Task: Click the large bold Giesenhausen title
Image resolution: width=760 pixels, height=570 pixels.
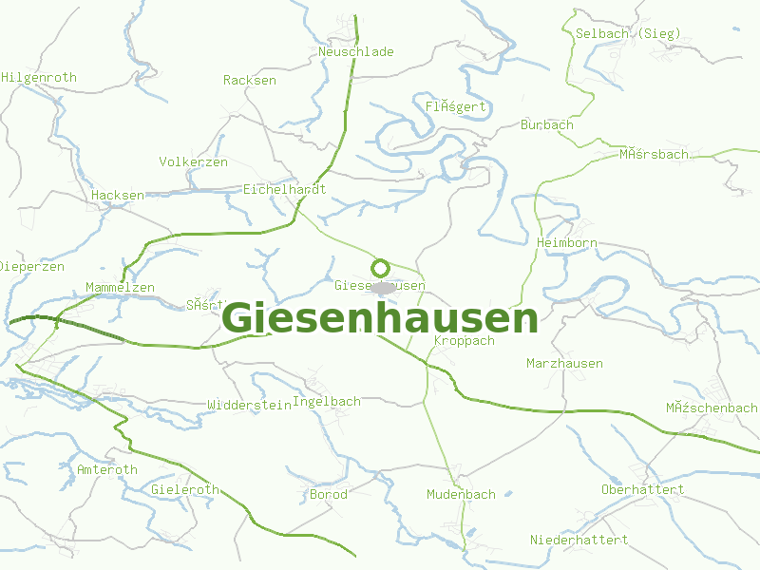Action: [x=380, y=319]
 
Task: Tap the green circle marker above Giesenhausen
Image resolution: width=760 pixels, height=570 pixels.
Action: [x=380, y=268]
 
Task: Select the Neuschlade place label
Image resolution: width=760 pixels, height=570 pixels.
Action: [x=356, y=52]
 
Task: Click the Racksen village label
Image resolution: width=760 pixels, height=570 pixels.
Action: [x=250, y=81]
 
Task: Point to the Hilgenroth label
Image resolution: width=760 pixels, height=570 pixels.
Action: [x=39, y=78]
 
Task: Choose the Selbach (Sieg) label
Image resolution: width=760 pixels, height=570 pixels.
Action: [x=628, y=33]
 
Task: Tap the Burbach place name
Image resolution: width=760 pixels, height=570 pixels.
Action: [x=547, y=124]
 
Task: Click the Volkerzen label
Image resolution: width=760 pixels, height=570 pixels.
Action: [x=194, y=162]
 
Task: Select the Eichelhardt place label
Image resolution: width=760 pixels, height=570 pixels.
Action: [x=285, y=189]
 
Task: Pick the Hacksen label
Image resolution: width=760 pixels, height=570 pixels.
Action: [x=118, y=196]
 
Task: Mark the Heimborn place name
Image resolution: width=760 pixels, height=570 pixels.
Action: [x=566, y=243]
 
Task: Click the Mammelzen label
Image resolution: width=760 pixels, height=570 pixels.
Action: [x=120, y=288]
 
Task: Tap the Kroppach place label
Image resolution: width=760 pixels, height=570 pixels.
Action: [x=465, y=341]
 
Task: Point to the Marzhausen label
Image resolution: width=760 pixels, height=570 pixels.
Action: [x=564, y=364]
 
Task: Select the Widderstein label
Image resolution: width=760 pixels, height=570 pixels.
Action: [x=249, y=405]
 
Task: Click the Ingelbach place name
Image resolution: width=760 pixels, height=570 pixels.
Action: [x=327, y=402]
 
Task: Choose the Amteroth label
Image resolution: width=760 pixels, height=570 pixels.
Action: [x=107, y=470]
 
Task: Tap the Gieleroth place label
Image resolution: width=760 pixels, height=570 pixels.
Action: [x=185, y=490]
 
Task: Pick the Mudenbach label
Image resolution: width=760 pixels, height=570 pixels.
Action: [x=461, y=495]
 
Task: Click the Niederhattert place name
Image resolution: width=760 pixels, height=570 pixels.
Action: [x=579, y=540]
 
